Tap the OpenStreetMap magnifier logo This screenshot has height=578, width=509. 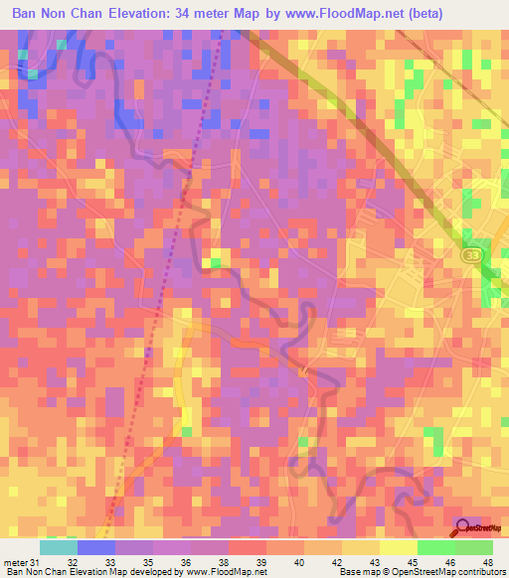[464, 527]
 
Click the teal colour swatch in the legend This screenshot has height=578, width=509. [58, 547]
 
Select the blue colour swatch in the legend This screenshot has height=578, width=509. [95, 547]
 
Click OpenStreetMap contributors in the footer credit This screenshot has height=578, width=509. [446, 572]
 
